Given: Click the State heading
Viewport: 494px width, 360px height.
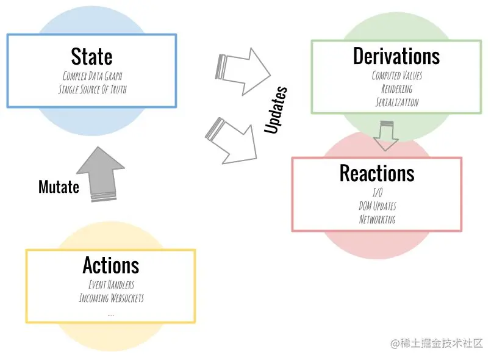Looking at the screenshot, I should point(91,57).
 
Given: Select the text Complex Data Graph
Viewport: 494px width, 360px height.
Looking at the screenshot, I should point(92,76).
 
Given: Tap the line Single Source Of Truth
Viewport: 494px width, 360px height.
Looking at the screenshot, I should point(92,89).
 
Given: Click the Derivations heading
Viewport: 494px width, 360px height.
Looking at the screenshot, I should point(396,56).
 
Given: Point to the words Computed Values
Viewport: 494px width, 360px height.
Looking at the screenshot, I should point(397,76).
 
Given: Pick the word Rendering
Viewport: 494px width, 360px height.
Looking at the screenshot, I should point(397,89).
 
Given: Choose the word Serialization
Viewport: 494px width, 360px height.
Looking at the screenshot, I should point(397,102).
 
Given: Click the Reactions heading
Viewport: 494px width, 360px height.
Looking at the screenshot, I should point(377,173).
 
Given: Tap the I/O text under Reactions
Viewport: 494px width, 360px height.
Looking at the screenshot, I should point(377,193).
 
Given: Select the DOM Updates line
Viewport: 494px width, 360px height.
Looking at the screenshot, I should point(377,206).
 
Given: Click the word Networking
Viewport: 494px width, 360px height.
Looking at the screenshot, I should point(377,219).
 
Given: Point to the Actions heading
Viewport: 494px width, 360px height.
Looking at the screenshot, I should point(111,265).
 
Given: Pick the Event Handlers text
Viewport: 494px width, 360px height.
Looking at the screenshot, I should point(111,285).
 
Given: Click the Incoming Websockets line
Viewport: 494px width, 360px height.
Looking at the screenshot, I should point(111,298).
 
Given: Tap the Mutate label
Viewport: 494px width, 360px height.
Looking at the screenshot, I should point(59,187).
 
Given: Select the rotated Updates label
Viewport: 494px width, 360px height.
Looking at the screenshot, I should point(276,110).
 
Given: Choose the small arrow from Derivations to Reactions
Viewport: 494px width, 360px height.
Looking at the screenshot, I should point(385,135).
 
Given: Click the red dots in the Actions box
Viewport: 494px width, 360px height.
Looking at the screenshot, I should point(110,315).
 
